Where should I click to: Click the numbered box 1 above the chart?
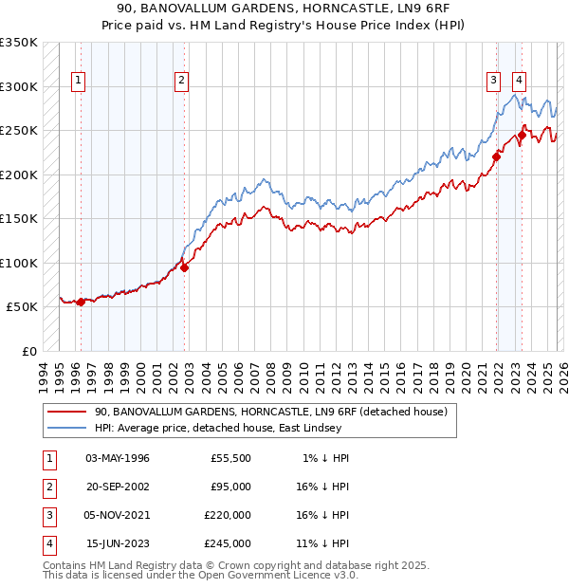pos(77,81)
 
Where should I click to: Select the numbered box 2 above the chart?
pos(180,81)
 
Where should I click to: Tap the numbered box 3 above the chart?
pos(494,81)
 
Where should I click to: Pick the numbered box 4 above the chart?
pos(520,81)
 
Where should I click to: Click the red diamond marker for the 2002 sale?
pos(184,267)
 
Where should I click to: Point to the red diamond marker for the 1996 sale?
pos(81,302)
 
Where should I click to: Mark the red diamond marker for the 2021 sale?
pos(496,157)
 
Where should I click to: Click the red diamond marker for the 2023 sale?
pos(522,136)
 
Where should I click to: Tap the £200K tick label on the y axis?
pos(19,175)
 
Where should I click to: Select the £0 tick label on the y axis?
pos(28,351)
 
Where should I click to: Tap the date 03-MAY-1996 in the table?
pos(118,458)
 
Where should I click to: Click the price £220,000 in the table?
pos(228,515)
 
